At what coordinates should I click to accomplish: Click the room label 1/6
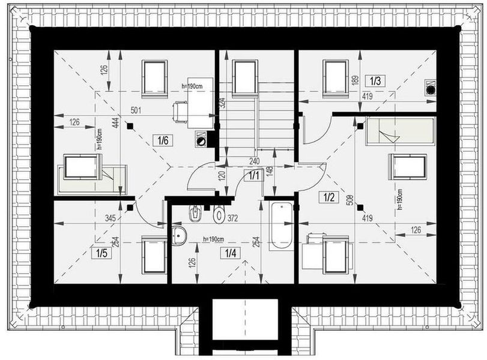[x=163, y=140]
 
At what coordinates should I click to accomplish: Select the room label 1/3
[x=375, y=81]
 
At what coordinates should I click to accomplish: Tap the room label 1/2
[x=329, y=197]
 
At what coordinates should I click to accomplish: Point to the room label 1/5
[x=101, y=253]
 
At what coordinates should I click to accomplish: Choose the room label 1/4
[x=231, y=253]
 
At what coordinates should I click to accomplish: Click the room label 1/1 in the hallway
[x=254, y=176]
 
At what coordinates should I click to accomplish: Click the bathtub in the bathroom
[x=281, y=226]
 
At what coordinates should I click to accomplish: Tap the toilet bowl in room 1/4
[x=219, y=214]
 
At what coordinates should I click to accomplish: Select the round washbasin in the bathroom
[x=178, y=236]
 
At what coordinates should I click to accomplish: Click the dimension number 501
[x=136, y=110]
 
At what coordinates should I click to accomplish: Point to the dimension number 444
[x=115, y=122]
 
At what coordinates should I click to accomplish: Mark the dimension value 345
[x=110, y=218]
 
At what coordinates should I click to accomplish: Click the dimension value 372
[x=232, y=218]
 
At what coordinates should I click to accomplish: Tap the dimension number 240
[x=254, y=161]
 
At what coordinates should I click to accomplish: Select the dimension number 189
[x=355, y=80]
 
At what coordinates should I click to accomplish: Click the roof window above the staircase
[x=246, y=77]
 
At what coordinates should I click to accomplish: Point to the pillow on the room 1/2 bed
[x=389, y=136]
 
